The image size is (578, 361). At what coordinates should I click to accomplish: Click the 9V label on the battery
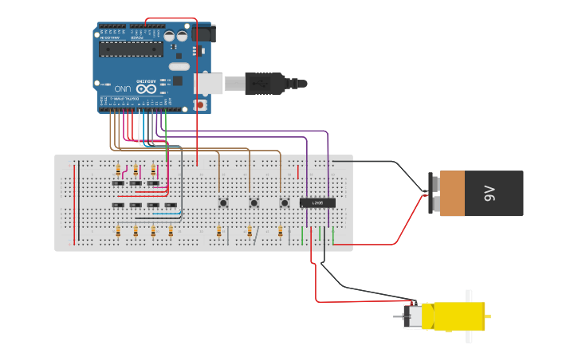point(490,193)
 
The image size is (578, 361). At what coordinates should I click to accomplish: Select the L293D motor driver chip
point(317,203)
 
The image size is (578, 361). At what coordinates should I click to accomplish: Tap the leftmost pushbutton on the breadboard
point(223,203)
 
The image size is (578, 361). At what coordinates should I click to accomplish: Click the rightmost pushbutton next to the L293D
point(284,203)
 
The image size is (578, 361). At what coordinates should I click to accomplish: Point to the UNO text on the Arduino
point(122,88)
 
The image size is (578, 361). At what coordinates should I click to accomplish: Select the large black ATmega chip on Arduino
point(131,49)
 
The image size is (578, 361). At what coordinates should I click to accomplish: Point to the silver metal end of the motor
point(413,316)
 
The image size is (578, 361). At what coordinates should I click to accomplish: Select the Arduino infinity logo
point(147,89)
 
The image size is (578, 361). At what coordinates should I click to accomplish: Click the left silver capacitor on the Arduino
point(170,36)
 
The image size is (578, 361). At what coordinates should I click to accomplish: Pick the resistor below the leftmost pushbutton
point(219,231)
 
